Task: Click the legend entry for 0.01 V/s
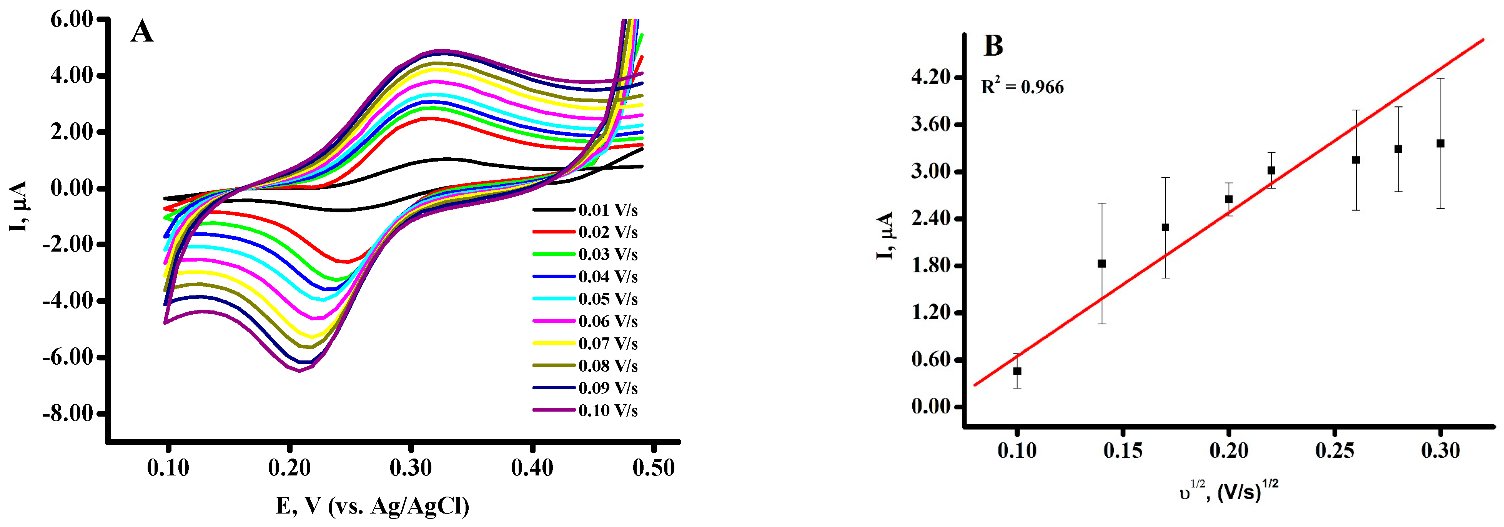(x=607, y=210)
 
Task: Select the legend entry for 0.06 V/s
(x=607, y=321)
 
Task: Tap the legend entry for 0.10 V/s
(x=607, y=410)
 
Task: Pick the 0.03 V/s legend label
(x=607, y=254)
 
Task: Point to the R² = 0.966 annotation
(x=1022, y=87)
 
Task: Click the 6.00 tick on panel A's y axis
(x=71, y=19)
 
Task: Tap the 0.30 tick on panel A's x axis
(x=411, y=467)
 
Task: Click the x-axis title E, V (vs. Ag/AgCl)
(x=373, y=506)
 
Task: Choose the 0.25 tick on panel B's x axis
(x=1335, y=450)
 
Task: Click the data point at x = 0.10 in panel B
(x=1017, y=371)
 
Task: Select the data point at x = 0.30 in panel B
(x=1440, y=143)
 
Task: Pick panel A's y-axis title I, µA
(x=19, y=206)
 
